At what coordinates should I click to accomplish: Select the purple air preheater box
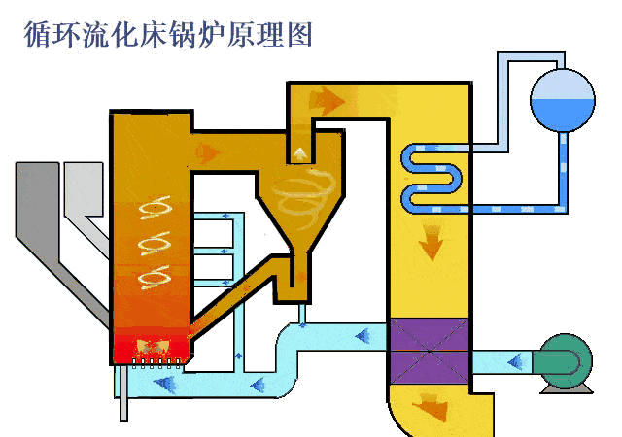click(x=429, y=351)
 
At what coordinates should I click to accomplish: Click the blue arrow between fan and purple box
click(x=512, y=361)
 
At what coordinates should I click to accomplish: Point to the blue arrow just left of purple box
click(x=366, y=337)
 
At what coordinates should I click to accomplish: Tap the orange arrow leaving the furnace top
click(x=207, y=151)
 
